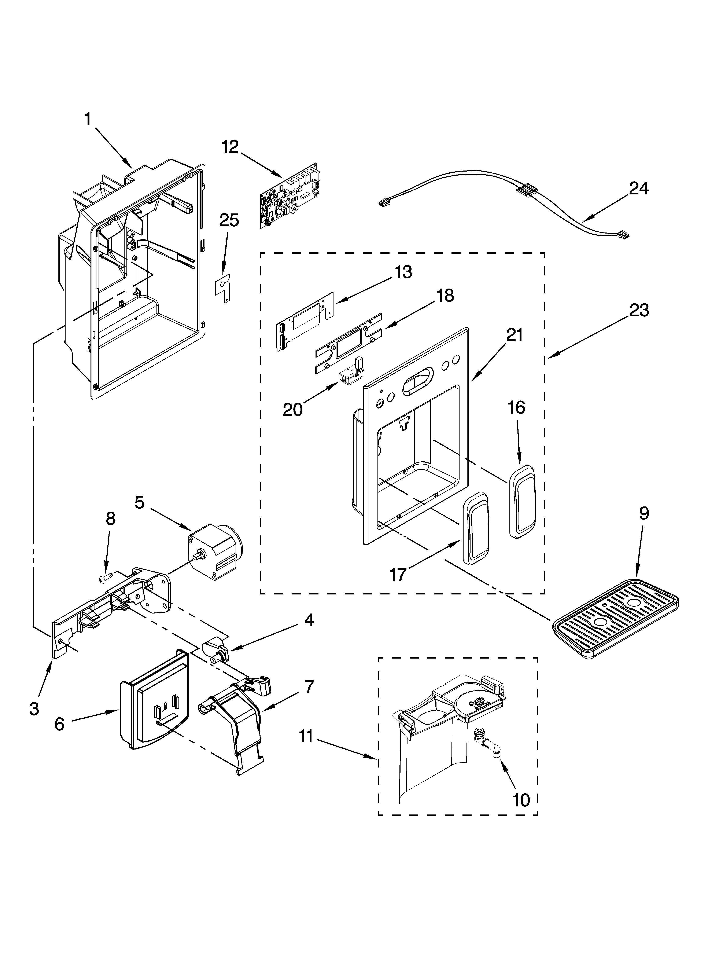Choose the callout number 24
(639, 188)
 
